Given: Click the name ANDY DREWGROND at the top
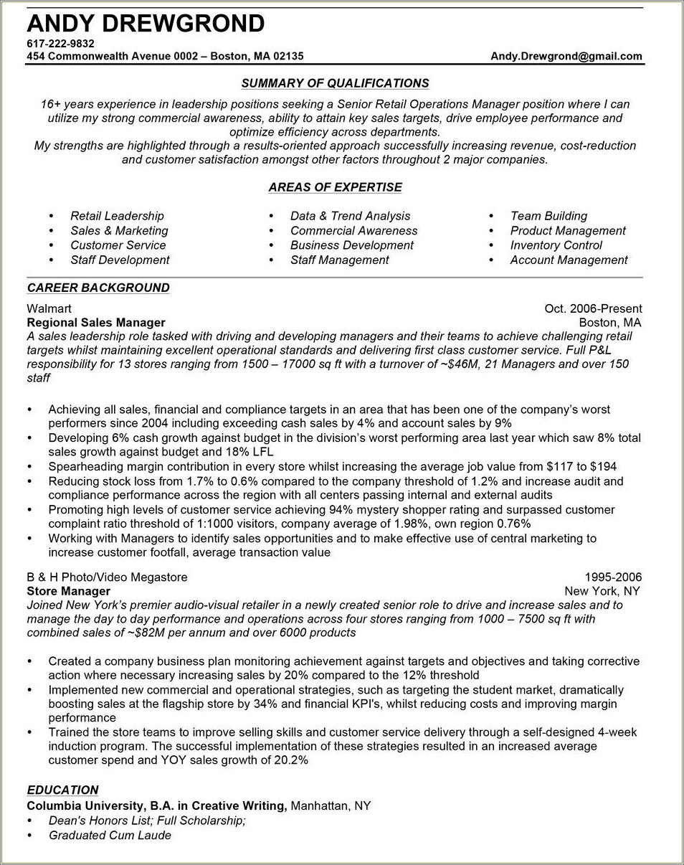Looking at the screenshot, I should click(146, 24).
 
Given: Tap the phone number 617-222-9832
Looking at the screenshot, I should click(61, 44).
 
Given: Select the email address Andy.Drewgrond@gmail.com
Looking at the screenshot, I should click(566, 56).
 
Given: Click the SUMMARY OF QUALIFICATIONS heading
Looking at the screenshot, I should click(335, 83).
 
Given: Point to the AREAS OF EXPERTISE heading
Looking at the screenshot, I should click(335, 187).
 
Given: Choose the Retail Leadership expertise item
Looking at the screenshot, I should click(117, 216).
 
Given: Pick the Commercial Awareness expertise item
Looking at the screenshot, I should click(353, 231).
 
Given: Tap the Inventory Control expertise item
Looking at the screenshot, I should click(556, 245).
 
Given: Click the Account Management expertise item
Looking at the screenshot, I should click(569, 260).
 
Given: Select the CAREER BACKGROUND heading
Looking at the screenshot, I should click(98, 288).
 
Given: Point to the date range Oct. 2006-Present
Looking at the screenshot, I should click(593, 308).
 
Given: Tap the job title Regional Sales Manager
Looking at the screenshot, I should click(96, 323).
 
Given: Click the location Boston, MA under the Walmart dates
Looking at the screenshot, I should click(609, 323).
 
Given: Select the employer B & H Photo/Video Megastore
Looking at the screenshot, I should click(107, 577).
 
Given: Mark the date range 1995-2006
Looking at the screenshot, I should click(613, 577).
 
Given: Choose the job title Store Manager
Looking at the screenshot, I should click(69, 591).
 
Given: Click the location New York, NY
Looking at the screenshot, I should click(602, 591).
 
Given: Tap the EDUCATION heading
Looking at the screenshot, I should click(62, 790).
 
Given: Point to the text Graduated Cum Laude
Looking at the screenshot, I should click(110, 836).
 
